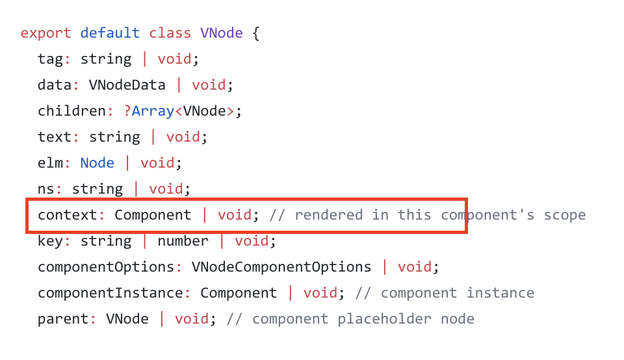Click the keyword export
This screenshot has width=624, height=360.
point(46,33)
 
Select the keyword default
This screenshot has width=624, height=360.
point(110,33)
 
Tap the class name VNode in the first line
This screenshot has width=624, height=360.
point(222,33)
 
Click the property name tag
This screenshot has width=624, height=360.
point(50,59)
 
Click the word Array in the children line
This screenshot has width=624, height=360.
point(153,111)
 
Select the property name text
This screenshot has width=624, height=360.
point(55,137)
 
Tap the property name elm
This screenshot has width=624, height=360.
point(50,163)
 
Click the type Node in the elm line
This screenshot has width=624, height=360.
point(97,163)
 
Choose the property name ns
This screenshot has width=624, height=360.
point(46,189)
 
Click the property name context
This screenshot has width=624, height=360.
point(68,215)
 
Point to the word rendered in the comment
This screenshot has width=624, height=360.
point(328,215)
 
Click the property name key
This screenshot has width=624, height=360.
point(50,241)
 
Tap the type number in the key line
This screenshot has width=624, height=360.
point(183,241)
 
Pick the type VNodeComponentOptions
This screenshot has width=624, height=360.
point(281,267)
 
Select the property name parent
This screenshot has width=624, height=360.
point(63,319)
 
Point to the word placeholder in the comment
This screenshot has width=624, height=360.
point(380,319)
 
